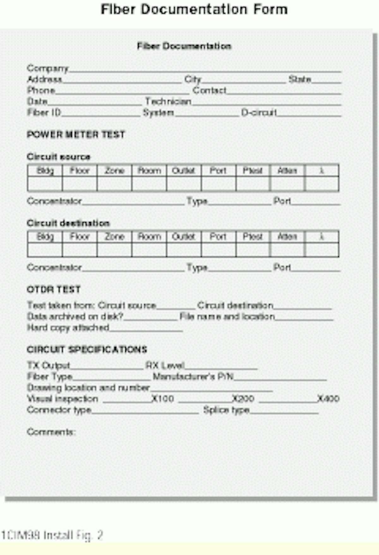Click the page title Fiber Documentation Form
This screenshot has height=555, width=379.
194,9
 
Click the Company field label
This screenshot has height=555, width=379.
48,68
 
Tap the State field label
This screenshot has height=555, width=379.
300,79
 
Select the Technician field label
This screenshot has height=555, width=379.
168,102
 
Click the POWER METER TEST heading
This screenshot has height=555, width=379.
76,135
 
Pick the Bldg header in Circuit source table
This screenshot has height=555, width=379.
45,171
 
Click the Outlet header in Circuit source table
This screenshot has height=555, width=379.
183,171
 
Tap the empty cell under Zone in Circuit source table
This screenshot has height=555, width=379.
114,184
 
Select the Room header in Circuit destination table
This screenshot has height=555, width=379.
149,237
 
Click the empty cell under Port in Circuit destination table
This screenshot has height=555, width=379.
218,250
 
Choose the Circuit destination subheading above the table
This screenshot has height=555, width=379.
68,223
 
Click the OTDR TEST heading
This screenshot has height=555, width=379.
54,290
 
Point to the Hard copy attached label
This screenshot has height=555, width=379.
68,328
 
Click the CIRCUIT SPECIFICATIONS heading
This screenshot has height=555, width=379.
87,350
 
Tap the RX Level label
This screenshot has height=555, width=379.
165,366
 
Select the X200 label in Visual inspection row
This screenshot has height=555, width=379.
243,399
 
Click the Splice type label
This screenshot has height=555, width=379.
226,410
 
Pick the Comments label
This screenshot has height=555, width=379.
51,432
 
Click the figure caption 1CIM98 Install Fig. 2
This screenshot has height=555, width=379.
52,535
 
